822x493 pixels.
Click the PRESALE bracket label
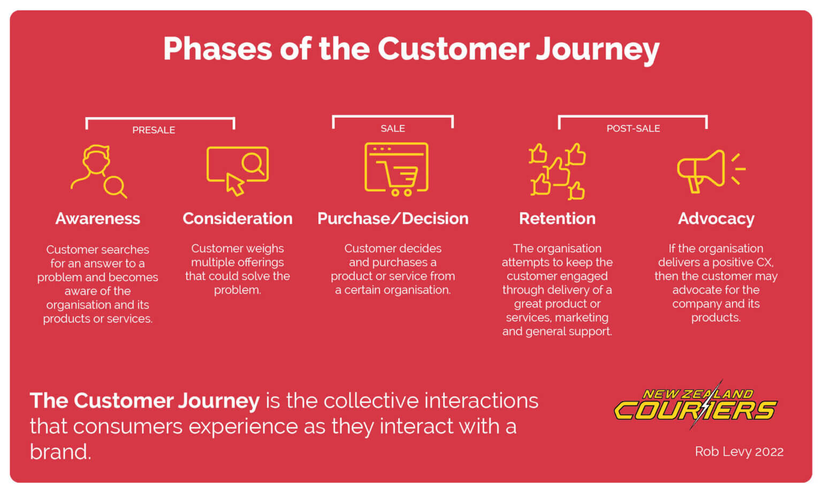click(x=154, y=130)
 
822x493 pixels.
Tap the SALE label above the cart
click(x=392, y=128)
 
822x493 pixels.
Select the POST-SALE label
click(x=633, y=128)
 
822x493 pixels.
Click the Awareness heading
click(x=97, y=219)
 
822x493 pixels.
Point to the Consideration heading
click(x=237, y=219)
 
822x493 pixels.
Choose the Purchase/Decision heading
click(x=392, y=219)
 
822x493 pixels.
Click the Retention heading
click(x=557, y=219)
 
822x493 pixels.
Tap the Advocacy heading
click(x=716, y=219)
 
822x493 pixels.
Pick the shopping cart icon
click(x=396, y=169)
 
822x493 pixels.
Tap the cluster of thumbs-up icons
click(x=557, y=171)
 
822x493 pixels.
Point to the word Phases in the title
click(x=217, y=49)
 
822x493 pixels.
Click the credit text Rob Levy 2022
click(x=739, y=451)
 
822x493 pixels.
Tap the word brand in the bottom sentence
click(x=60, y=452)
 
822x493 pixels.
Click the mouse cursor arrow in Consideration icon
click(x=234, y=184)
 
